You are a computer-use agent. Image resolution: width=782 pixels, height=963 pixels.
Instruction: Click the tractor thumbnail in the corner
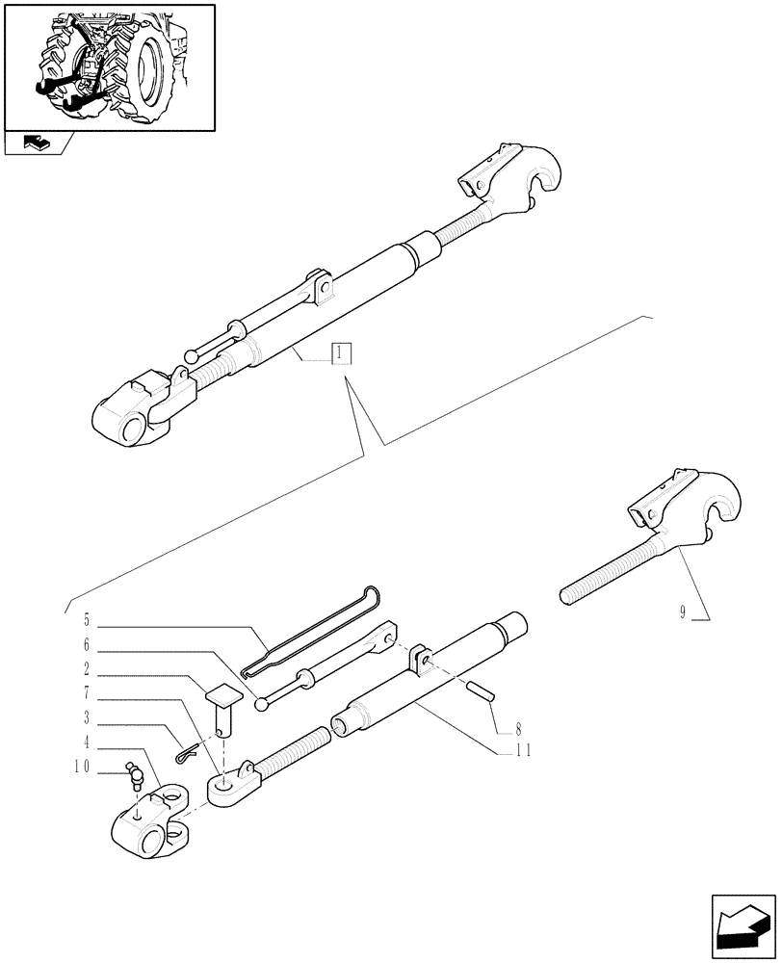[x=109, y=67]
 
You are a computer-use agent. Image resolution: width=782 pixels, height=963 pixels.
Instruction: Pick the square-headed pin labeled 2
[x=222, y=705]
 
